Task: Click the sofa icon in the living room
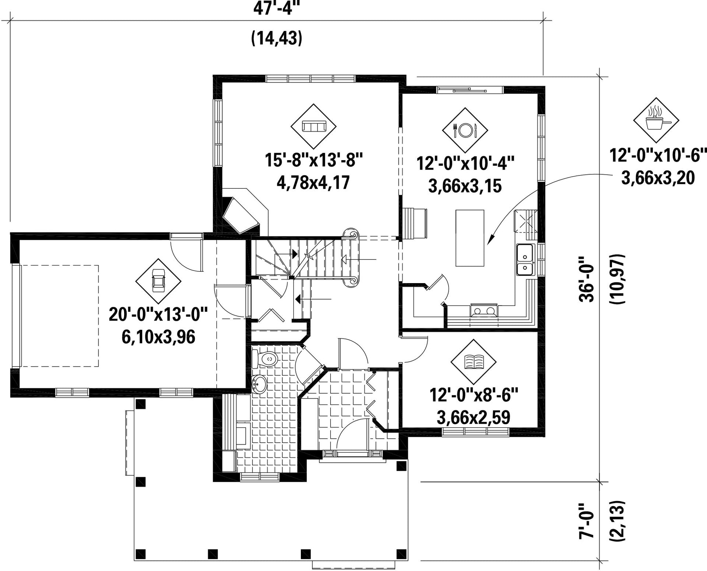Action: (x=313, y=126)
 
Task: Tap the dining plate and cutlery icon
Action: (x=465, y=130)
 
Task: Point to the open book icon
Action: (x=474, y=361)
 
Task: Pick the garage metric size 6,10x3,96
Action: (x=158, y=337)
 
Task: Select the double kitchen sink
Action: (x=525, y=259)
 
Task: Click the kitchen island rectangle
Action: (x=470, y=238)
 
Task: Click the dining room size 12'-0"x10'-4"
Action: (x=465, y=163)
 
